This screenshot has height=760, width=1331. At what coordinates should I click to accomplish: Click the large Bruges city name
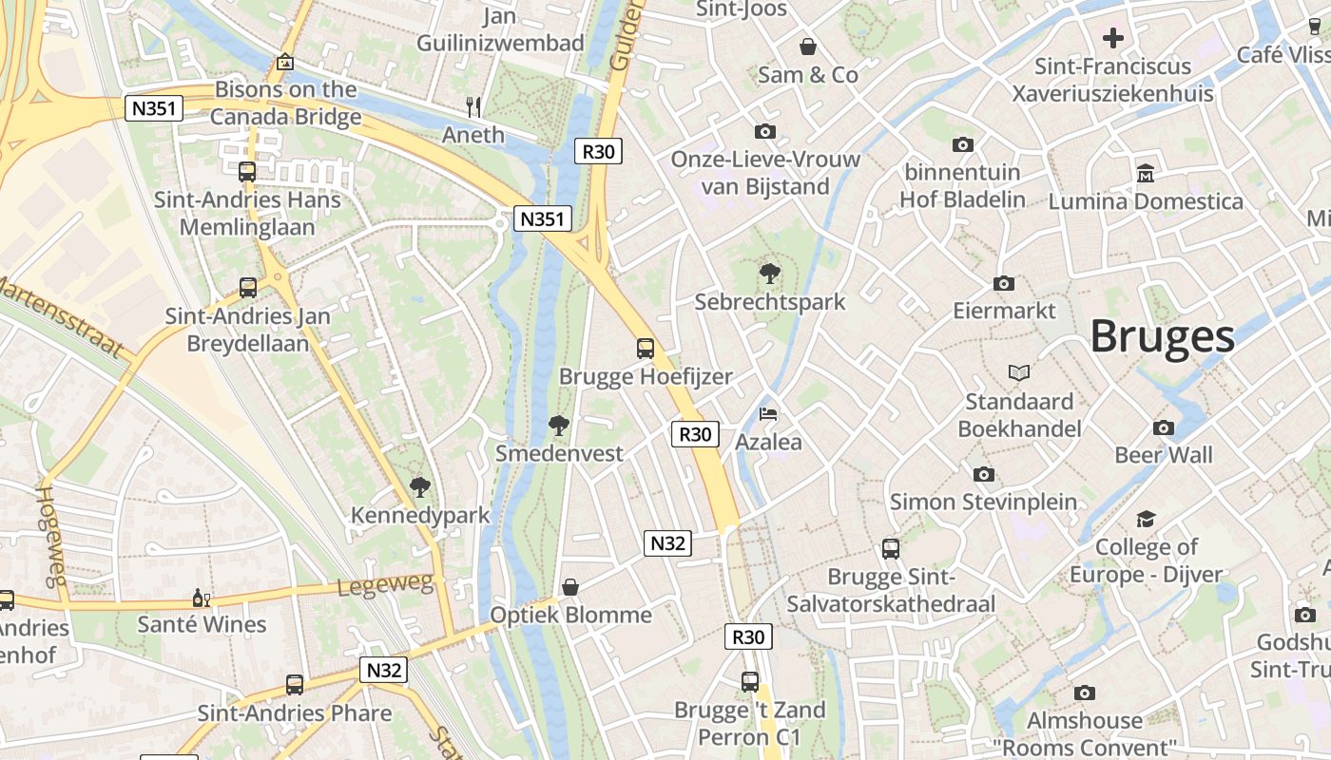[1162, 336]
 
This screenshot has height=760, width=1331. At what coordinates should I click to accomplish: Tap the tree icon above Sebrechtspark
[769, 274]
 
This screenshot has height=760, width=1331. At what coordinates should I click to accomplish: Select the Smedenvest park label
[559, 453]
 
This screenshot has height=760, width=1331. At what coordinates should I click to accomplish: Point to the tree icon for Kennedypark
[419, 487]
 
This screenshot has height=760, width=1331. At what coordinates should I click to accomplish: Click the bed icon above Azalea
[768, 414]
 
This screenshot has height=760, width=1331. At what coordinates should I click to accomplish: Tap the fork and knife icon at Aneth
[474, 106]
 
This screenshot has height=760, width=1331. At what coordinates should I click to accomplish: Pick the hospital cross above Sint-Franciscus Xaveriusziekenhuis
[1112, 38]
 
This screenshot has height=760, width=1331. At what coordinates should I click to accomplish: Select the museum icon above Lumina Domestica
[1146, 174]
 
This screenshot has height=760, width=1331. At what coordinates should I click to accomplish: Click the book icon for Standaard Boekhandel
[1019, 372]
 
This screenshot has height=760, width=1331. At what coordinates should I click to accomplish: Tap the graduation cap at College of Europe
[1146, 519]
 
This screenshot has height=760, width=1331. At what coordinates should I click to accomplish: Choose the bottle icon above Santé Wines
[201, 598]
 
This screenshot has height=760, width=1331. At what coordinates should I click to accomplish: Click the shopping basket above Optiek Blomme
[570, 587]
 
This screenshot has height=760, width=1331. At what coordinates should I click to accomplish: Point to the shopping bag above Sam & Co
[808, 47]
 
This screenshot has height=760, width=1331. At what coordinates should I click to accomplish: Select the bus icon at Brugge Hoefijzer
[646, 348]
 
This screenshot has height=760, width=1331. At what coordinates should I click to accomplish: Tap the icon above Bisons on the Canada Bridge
[284, 63]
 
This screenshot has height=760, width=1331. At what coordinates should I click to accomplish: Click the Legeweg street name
[385, 584]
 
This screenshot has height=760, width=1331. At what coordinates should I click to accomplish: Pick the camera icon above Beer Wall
[1164, 427]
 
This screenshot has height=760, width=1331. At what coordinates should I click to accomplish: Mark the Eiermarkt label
[1004, 311]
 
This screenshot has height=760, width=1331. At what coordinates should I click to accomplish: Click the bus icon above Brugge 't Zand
[750, 681]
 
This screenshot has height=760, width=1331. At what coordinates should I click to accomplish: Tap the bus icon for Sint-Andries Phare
[295, 685]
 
